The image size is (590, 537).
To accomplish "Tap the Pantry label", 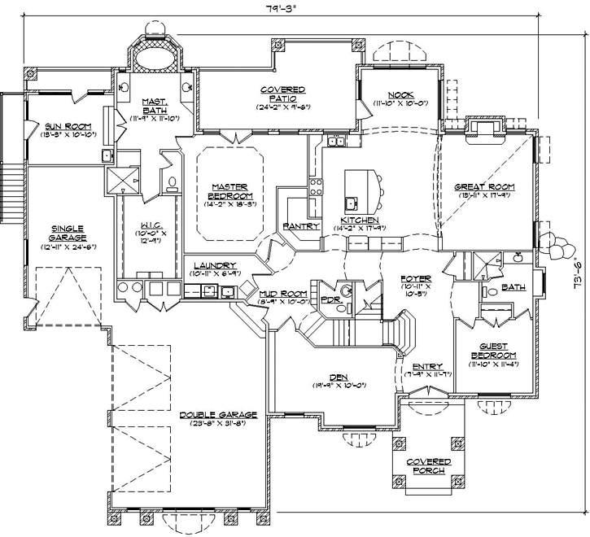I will [299, 225].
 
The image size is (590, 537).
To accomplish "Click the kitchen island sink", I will [351, 202].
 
